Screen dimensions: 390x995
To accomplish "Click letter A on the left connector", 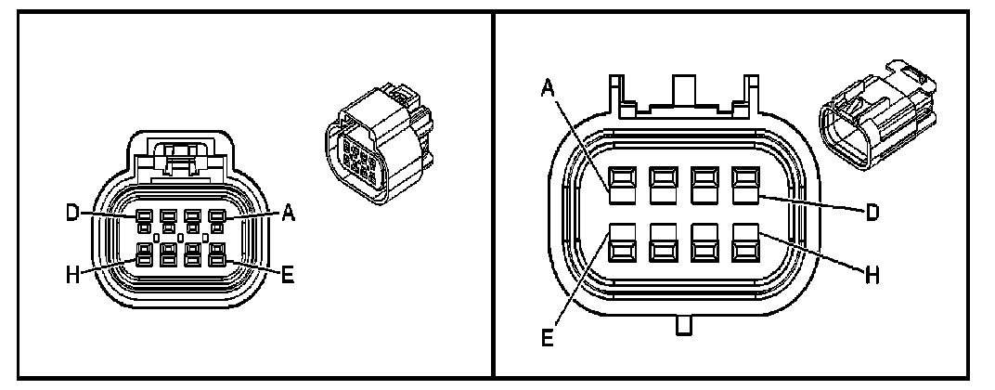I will [x=288, y=213].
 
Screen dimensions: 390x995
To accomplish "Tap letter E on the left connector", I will [x=288, y=275].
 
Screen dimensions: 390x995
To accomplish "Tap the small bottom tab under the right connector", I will [x=684, y=326].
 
